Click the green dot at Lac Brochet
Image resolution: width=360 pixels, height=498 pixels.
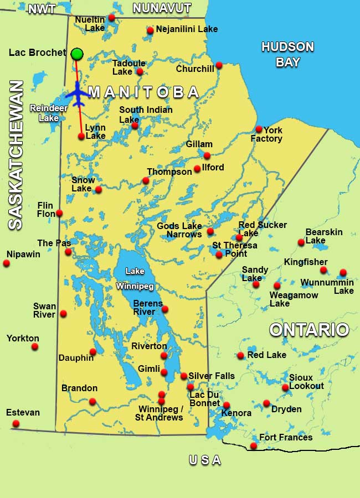(77, 54)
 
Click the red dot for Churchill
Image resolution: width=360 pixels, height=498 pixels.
(219, 65)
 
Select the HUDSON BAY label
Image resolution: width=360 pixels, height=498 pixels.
(287, 54)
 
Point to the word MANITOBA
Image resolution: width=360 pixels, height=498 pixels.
(143, 92)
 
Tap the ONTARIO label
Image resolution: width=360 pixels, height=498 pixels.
(309, 330)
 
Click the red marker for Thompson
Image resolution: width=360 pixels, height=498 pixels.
(146, 180)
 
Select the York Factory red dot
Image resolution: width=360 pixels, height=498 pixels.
(259, 129)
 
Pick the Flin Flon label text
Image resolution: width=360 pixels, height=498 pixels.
(45, 209)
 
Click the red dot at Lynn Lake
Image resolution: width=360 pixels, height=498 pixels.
(81, 136)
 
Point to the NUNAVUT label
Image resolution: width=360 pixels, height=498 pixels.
(162, 8)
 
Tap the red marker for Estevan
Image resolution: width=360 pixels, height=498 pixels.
(16, 424)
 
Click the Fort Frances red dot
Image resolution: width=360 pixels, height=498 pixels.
(254, 446)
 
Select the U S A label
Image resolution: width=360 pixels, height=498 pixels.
(205, 460)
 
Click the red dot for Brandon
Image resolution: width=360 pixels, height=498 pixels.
(92, 402)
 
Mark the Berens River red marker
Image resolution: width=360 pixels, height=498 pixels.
(164, 309)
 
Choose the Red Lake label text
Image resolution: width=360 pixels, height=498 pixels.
(267, 355)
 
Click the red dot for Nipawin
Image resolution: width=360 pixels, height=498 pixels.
(7, 263)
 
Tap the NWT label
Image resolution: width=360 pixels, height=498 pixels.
(42, 9)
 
